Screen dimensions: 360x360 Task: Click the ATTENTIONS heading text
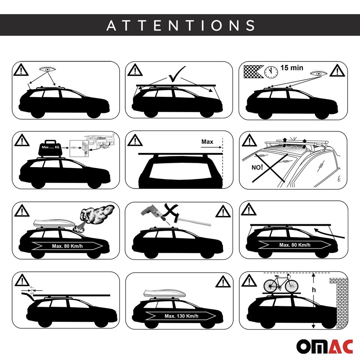(x=180, y=25)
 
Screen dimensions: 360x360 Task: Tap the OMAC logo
(x=325, y=346)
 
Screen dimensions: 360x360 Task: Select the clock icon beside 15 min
(x=271, y=72)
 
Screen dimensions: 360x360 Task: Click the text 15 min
(x=292, y=68)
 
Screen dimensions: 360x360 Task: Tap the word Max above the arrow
(x=207, y=142)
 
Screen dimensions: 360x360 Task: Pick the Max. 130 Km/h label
(x=181, y=316)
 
